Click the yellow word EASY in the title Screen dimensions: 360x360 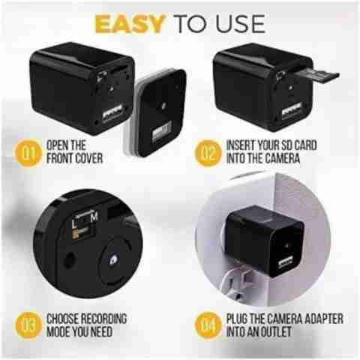point(130,24)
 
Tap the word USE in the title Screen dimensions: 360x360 point(241,24)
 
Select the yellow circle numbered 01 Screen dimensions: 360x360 point(28,153)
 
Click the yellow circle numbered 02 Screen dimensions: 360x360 point(208,153)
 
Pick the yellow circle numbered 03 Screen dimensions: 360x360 point(28,325)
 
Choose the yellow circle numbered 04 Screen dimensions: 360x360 point(208,325)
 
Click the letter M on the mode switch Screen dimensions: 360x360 point(94,217)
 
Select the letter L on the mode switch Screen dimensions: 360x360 point(73,224)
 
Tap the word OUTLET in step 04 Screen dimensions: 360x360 point(276,331)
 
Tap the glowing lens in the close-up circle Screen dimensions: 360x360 point(113,260)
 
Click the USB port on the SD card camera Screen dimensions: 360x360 point(292,111)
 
